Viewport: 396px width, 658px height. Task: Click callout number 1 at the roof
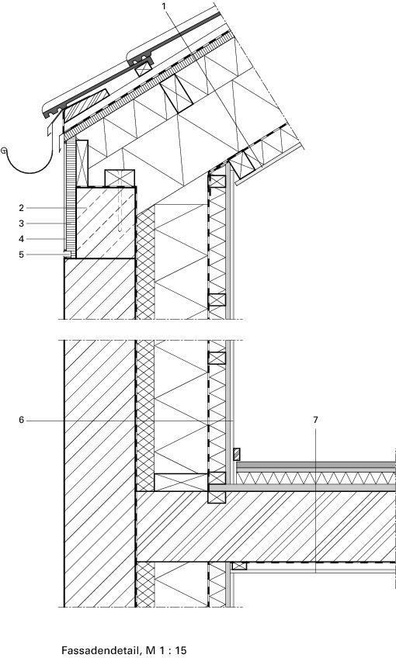(x=164, y=6)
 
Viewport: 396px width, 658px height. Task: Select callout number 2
(x=22, y=207)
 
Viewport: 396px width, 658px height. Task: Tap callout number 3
(x=22, y=223)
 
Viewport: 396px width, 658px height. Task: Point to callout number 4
(x=22, y=239)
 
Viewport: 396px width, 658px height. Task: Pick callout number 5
(x=22, y=255)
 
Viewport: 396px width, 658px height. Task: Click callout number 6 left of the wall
(x=22, y=420)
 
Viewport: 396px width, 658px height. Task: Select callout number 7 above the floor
(x=315, y=420)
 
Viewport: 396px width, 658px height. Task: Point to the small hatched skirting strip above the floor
(x=237, y=455)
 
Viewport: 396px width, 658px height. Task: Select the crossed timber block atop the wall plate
(x=120, y=178)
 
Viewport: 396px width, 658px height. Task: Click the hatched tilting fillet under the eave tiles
(x=86, y=106)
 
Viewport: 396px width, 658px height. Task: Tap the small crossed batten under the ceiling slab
(x=239, y=566)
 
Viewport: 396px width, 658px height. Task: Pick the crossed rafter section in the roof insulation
(x=176, y=94)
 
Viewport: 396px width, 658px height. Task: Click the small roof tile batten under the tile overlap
(x=143, y=69)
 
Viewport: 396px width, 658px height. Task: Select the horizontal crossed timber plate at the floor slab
(x=181, y=482)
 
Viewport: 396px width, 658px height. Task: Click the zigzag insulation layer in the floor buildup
(x=316, y=478)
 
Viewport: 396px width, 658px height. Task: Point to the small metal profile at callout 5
(x=68, y=255)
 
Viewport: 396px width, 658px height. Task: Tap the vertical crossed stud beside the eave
(x=82, y=163)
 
